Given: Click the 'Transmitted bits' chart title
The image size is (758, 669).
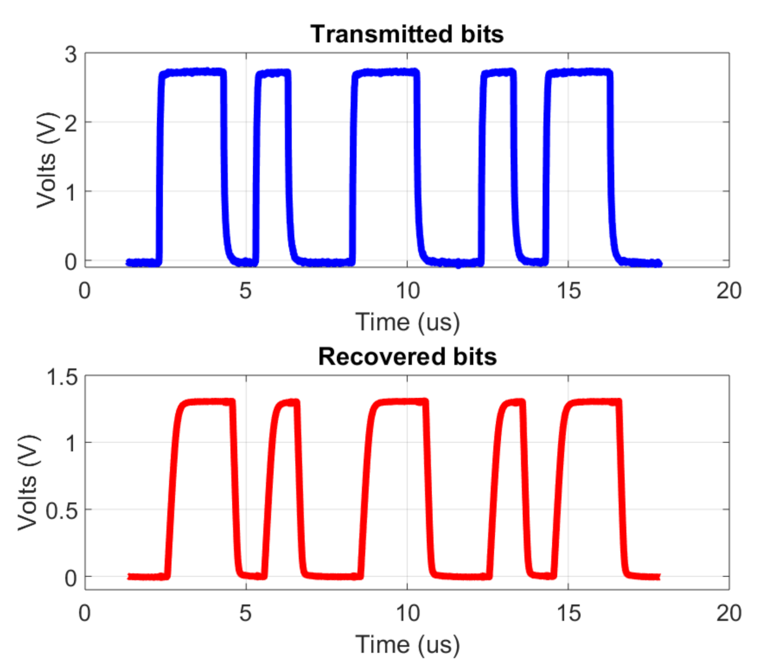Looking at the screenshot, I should click(x=407, y=34).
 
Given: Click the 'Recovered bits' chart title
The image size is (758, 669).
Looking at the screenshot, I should click(x=407, y=357).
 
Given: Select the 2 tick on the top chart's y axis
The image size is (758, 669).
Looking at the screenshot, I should click(x=71, y=123).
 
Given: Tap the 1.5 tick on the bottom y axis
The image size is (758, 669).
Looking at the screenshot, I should click(x=62, y=377).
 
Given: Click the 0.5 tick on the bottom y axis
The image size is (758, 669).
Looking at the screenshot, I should click(x=62, y=511).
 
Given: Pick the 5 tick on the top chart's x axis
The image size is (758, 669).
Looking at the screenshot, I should click(x=246, y=291).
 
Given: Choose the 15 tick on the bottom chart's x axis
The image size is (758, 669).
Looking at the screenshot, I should click(x=568, y=613).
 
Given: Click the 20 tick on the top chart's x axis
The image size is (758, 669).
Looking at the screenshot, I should click(x=729, y=291).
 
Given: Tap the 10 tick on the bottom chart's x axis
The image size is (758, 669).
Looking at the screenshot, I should click(x=407, y=613).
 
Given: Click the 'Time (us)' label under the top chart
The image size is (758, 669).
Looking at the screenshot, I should click(x=407, y=322).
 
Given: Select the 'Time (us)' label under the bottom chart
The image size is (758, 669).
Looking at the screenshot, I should click(x=407, y=644).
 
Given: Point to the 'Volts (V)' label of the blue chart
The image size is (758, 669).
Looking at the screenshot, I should click(x=46, y=160).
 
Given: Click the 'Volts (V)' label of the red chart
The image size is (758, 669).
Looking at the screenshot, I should click(x=28, y=482).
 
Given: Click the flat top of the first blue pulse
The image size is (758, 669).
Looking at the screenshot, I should click(x=192, y=73).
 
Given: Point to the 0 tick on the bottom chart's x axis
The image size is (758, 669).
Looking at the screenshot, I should click(x=85, y=613).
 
